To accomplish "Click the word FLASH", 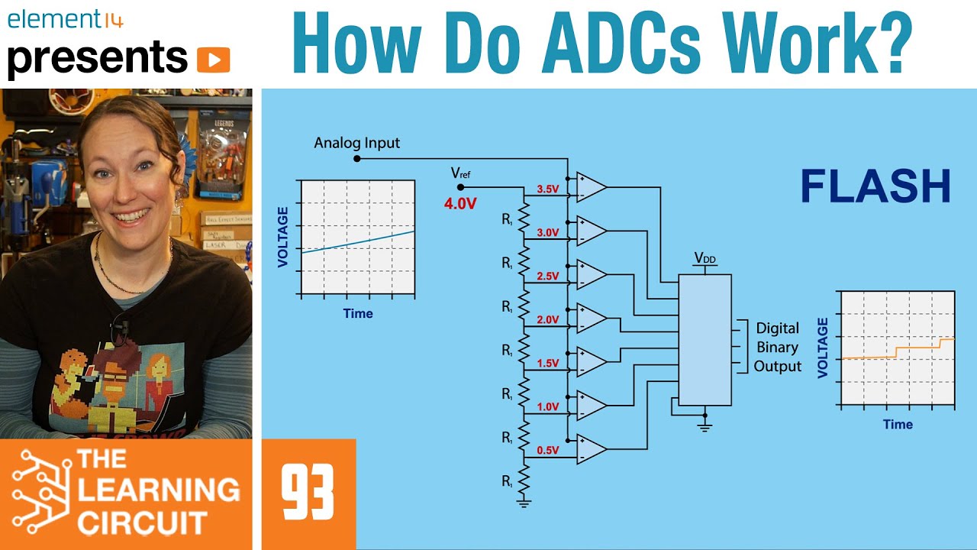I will (x=875, y=186).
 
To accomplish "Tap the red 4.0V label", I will (x=460, y=204).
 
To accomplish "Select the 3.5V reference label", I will (x=548, y=189).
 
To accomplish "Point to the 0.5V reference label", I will (x=548, y=450).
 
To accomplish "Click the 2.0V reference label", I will (x=548, y=319).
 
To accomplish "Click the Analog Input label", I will (x=357, y=143).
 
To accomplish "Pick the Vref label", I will (x=460, y=175).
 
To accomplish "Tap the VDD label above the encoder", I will (x=705, y=259).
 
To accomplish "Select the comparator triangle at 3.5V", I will (x=590, y=188).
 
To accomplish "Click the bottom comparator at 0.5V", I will (x=590, y=449).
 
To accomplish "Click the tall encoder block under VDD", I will (x=705, y=340).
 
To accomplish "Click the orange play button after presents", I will (x=213, y=59).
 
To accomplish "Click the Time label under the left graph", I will (x=358, y=313).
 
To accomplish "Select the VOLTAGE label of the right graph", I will (x=823, y=348).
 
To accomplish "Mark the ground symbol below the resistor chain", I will (x=524, y=502).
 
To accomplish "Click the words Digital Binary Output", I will (x=778, y=347).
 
